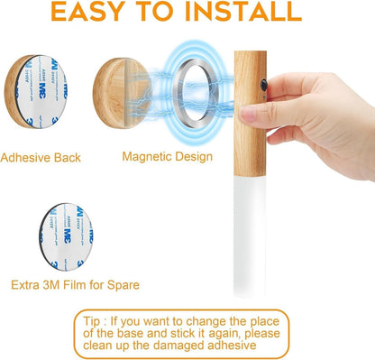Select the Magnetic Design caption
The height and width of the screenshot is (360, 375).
pos(167,156)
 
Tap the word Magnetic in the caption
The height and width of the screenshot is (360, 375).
pos(146,156)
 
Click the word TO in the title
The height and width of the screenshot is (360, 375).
pos(181,13)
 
